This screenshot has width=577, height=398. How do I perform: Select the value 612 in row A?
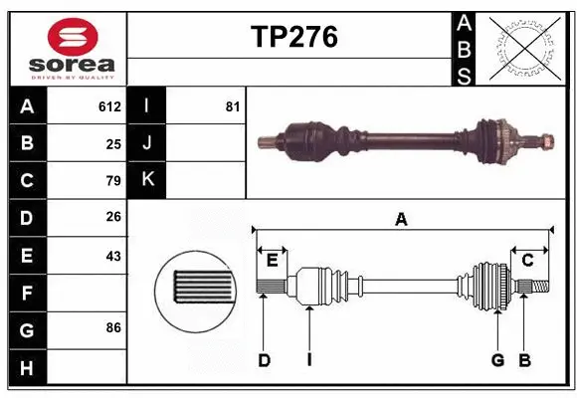(x=109, y=106)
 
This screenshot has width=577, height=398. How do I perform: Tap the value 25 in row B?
(x=113, y=143)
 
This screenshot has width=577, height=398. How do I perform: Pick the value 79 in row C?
(x=113, y=181)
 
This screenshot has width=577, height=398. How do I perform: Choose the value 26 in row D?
(x=113, y=218)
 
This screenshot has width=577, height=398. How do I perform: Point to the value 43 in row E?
(x=113, y=256)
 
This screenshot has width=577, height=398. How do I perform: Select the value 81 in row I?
(x=233, y=106)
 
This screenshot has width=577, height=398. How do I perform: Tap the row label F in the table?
(x=27, y=294)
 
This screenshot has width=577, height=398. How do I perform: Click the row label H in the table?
(x=27, y=368)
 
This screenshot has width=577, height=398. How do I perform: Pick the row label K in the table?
(x=147, y=180)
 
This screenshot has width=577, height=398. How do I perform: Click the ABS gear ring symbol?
(x=524, y=47)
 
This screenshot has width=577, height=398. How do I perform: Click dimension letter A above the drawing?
(x=401, y=220)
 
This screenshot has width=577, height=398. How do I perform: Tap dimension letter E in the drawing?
(x=272, y=261)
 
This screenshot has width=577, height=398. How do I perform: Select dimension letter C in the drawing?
(x=528, y=261)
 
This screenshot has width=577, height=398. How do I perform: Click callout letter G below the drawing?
(x=497, y=360)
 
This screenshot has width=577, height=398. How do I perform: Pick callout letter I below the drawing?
(x=309, y=360)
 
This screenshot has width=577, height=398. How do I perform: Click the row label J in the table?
(x=147, y=143)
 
